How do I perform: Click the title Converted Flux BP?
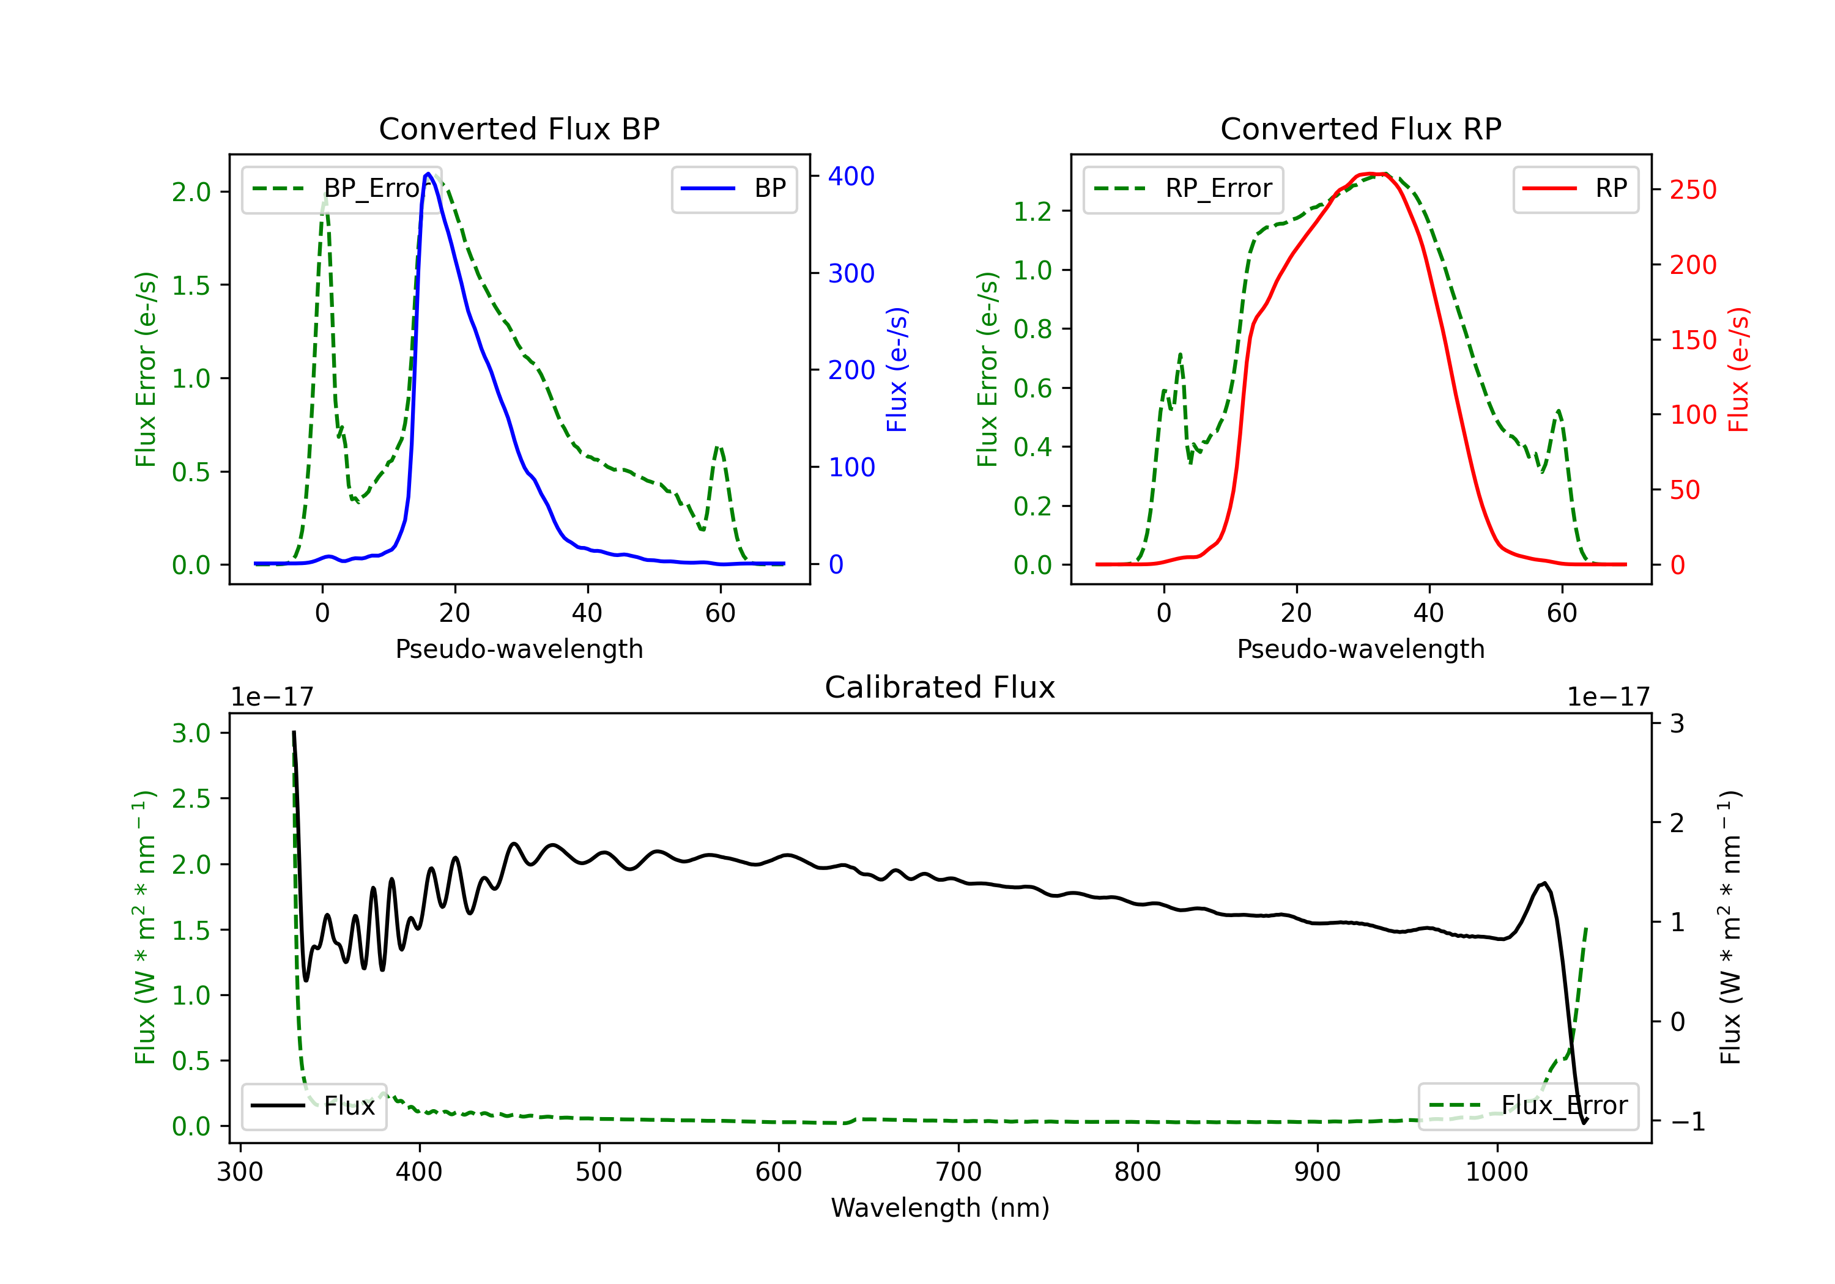pos(519,128)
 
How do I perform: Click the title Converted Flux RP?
pos(1360,128)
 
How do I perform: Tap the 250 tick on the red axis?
pos(1692,190)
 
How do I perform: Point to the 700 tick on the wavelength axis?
pos(958,1172)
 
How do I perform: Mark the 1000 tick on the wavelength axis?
pos(1496,1172)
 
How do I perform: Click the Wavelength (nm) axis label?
pos(940,1208)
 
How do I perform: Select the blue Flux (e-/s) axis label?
pos(897,369)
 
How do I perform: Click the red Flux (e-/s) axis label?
pos(1739,369)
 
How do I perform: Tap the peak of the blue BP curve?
pos(428,174)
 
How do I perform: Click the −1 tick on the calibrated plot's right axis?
pos(1687,1122)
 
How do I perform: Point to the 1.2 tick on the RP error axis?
pos(1032,212)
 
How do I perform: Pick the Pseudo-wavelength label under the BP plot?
pos(519,649)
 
